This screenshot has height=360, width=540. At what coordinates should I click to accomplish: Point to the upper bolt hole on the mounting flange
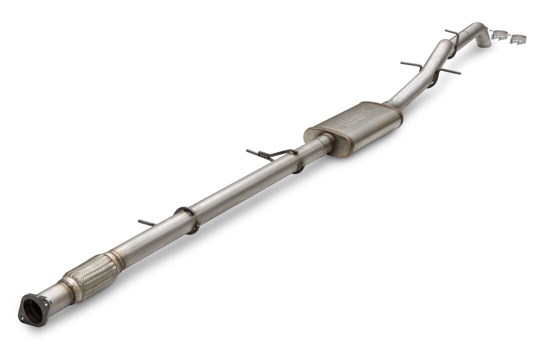tap(26, 298)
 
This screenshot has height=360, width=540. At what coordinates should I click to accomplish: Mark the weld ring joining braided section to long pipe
tap(116, 259)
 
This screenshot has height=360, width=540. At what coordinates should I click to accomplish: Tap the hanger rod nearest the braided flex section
tap(147, 222)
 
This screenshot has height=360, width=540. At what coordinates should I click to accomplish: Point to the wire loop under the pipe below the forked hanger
tap(299, 169)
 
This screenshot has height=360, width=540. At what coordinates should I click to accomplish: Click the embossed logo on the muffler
tap(355, 118)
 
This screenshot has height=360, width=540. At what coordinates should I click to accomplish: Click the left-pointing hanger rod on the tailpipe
tap(411, 64)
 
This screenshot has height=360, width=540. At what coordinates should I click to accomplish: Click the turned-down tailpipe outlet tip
tap(483, 43)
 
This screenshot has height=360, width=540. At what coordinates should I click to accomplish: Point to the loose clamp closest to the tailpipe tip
tap(499, 35)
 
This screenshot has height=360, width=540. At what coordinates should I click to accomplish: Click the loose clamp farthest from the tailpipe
tap(518, 39)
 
